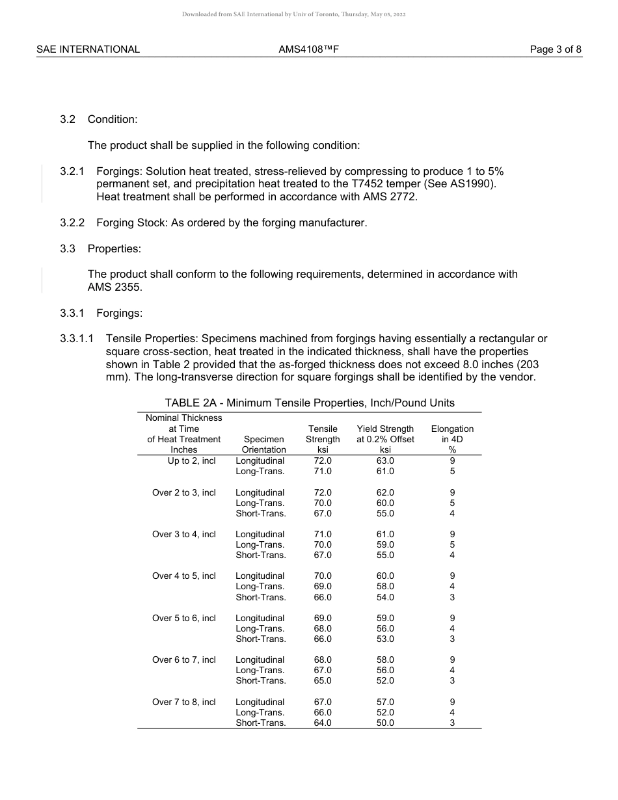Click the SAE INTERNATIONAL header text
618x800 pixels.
(88, 49)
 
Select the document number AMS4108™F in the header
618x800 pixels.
(309, 49)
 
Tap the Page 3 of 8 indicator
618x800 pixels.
(556, 49)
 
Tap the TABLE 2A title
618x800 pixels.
(310, 403)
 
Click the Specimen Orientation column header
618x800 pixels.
(263, 444)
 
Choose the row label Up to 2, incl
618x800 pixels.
(191, 460)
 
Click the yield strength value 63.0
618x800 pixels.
(385, 460)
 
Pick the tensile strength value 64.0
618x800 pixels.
(323, 723)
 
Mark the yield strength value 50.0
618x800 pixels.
(385, 723)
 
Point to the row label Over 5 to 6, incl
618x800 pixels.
(183, 618)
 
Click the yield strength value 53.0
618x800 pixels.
(385, 639)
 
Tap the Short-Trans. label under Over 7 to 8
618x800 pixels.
(260, 723)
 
